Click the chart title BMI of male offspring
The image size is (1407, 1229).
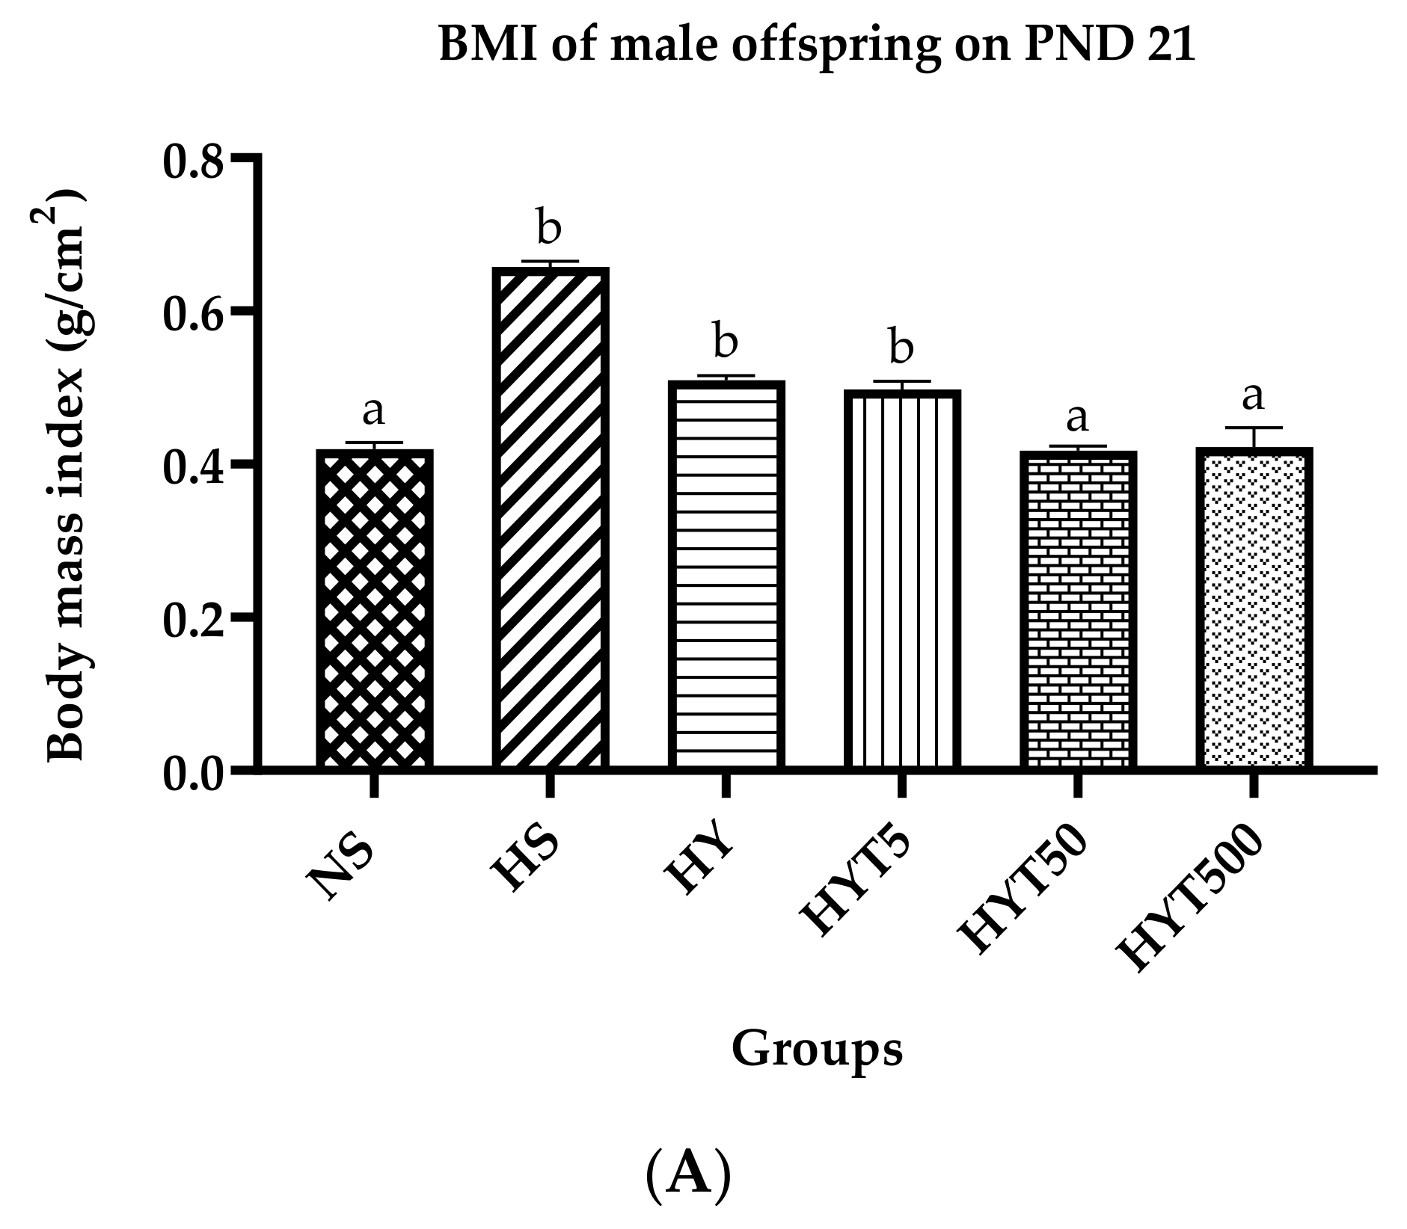(x=816, y=45)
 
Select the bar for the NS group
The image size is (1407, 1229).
(x=374, y=609)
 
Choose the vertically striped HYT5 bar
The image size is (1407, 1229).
(x=902, y=579)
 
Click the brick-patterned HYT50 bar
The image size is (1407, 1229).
(x=1078, y=609)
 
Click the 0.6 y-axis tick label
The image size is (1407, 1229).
(x=192, y=315)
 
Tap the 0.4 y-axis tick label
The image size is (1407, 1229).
(x=192, y=467)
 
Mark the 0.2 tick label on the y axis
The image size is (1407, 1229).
(x=192, y=620)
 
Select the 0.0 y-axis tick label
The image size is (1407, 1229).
(x=192, y=774)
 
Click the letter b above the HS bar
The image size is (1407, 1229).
(x=548, y=227)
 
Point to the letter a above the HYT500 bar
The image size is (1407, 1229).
(x=1253, y=396)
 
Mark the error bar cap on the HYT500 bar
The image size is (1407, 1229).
(x=1254, y=428)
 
